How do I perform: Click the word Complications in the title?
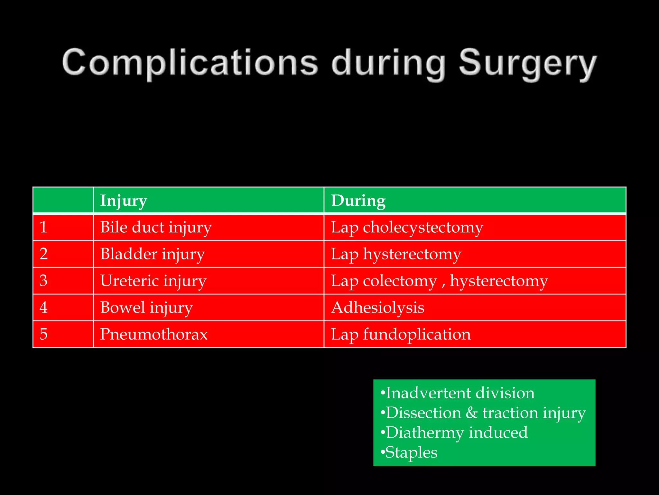pos(190,63)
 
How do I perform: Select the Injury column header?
pos(124,200)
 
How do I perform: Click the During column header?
pos(358,200)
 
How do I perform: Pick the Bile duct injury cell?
pos(156,227)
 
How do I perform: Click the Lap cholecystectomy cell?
pos(407,227)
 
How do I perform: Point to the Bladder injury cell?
pos(152,254)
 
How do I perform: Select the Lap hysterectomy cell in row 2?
pos(396,254)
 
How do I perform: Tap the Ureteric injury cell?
pos(153,281)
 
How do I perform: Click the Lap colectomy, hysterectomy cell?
pos(439,281)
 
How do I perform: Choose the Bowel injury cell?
pos(146,307)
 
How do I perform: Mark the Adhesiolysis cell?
pos(378,307)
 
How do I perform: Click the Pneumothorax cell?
pos(154,334)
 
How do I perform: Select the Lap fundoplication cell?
pos(401,334)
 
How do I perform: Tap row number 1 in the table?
pos(43,227)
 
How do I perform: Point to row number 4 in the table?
pos(43,307)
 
